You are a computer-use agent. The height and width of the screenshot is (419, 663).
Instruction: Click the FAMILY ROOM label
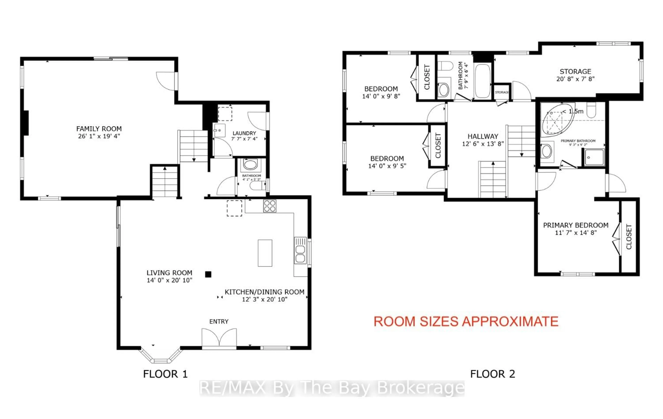pyautogui.click(x=99, y=129)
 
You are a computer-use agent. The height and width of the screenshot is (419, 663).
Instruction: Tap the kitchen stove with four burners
pyautogui.click(x=270, y=206)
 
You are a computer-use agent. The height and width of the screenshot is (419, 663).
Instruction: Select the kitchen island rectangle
pyautogui.click(x=265, y=253)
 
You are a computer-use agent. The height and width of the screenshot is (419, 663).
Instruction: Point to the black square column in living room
pyautogui.click(x=208, y=274)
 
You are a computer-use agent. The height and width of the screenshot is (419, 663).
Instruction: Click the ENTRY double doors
pyautogui.click(x=219, y=338)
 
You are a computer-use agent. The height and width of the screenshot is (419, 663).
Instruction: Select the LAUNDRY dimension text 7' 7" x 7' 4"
pyautogui.click(x=244, y=139)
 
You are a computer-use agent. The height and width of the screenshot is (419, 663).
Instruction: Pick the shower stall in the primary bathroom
pyautogui.click(x=594, y=157)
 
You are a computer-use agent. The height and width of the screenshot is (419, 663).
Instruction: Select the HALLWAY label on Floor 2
pyautogui.click(x=483, y=136)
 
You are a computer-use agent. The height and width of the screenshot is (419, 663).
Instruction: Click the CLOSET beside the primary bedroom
pyautogui.click(x=629, y=237)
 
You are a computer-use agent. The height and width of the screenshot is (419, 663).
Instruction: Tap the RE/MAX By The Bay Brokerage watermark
pyautogui.click(x=332, y=388)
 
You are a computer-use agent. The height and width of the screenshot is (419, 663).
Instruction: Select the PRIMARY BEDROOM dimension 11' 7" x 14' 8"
pyautogui.click(x=575, y=233)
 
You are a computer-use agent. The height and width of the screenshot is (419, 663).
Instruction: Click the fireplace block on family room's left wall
pyautogui.click(x=25, y=123)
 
